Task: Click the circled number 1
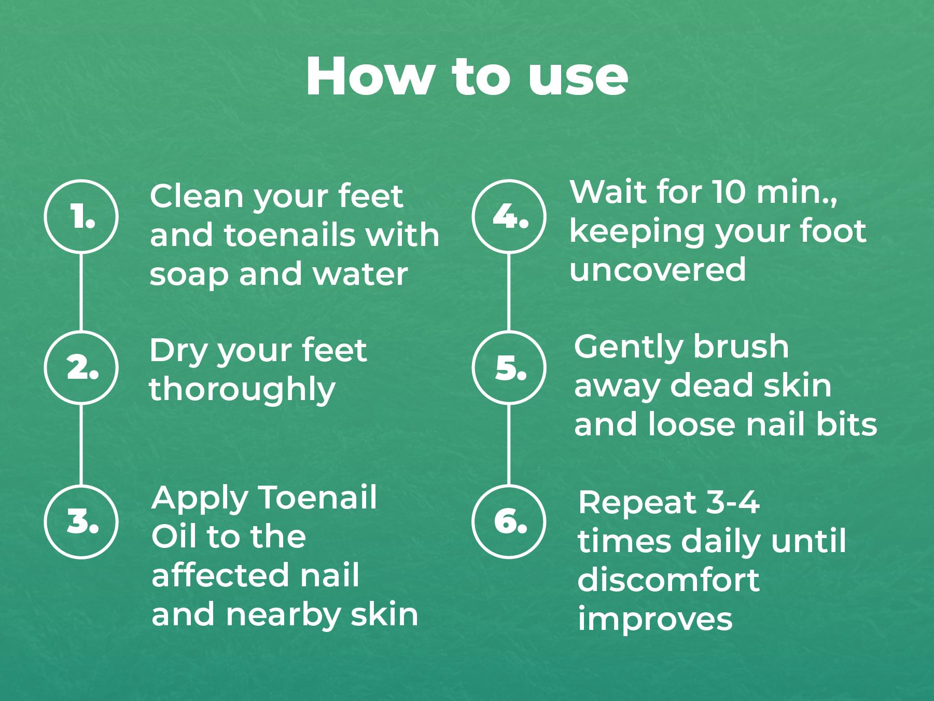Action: [x=81, y=216]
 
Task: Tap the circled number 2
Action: [x=81, y=367]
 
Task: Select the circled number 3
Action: [x=81, y=521]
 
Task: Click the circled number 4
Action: [x=509, y=216]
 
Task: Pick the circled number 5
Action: [x=509, y=367]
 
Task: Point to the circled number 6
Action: [x=509, y=521]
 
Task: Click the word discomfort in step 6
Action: [x=668, y=581]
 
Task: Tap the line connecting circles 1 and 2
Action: [x=81, y=292]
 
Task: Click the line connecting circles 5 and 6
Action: [x=508, y=445]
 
